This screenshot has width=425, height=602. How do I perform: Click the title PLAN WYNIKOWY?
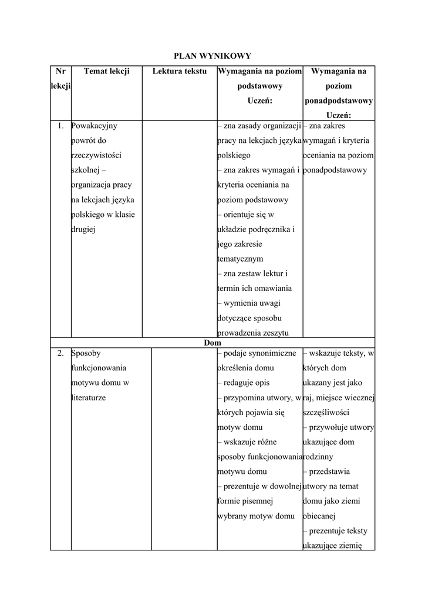[212, 56]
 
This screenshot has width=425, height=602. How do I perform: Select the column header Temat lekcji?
[106, 71]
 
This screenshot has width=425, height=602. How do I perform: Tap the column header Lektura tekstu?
[180, 71]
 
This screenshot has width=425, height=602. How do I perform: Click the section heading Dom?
[212, 343]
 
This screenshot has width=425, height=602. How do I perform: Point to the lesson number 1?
[60, 126]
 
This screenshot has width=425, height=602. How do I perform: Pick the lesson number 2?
[60, 353]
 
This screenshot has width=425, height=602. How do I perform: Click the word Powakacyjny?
[94, 126]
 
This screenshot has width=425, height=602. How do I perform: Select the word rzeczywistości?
[96, 155]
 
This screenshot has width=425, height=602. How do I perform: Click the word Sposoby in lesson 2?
[86, 353]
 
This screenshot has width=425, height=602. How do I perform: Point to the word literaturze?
[88, 397]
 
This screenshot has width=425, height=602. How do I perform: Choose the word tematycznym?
[240, 259]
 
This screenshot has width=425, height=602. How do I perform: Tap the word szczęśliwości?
[326, 412]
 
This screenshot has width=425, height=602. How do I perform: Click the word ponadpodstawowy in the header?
[339, 101]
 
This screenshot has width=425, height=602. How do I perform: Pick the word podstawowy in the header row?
[259, 86]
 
